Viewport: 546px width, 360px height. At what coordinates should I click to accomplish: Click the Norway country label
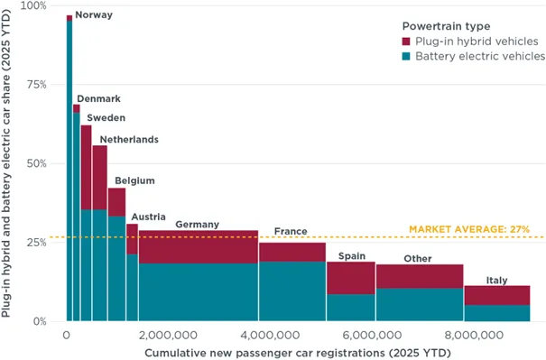click(93, 15)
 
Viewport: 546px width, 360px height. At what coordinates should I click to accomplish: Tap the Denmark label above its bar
click(98, 98)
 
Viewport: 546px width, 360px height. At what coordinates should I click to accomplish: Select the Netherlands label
click(129, 140)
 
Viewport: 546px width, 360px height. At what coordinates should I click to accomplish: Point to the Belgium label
click(134, 181)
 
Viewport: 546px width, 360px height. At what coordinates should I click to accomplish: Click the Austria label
click(148, 217)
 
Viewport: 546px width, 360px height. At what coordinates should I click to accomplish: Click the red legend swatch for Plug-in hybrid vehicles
click(409, 42)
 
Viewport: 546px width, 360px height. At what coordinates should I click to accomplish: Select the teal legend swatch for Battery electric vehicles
click(409, 57)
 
